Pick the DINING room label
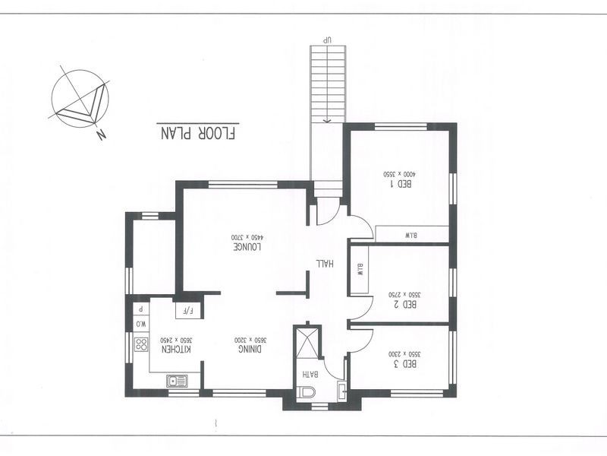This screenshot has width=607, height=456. pyautogui.click(x=251, y=349)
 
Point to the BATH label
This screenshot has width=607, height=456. pyautogui.click(x=309, y=374)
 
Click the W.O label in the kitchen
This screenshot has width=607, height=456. pyautogui.click(x=140, y=325)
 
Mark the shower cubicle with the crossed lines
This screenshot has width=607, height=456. pyautogui.click(x=309, y=343)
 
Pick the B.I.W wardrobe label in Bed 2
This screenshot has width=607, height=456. pyautogui.click(x=360, y=269)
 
